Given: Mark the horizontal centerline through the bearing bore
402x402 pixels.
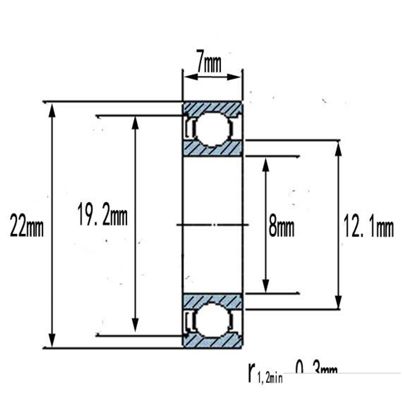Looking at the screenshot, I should pyautogui.click(x=212, y=224).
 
